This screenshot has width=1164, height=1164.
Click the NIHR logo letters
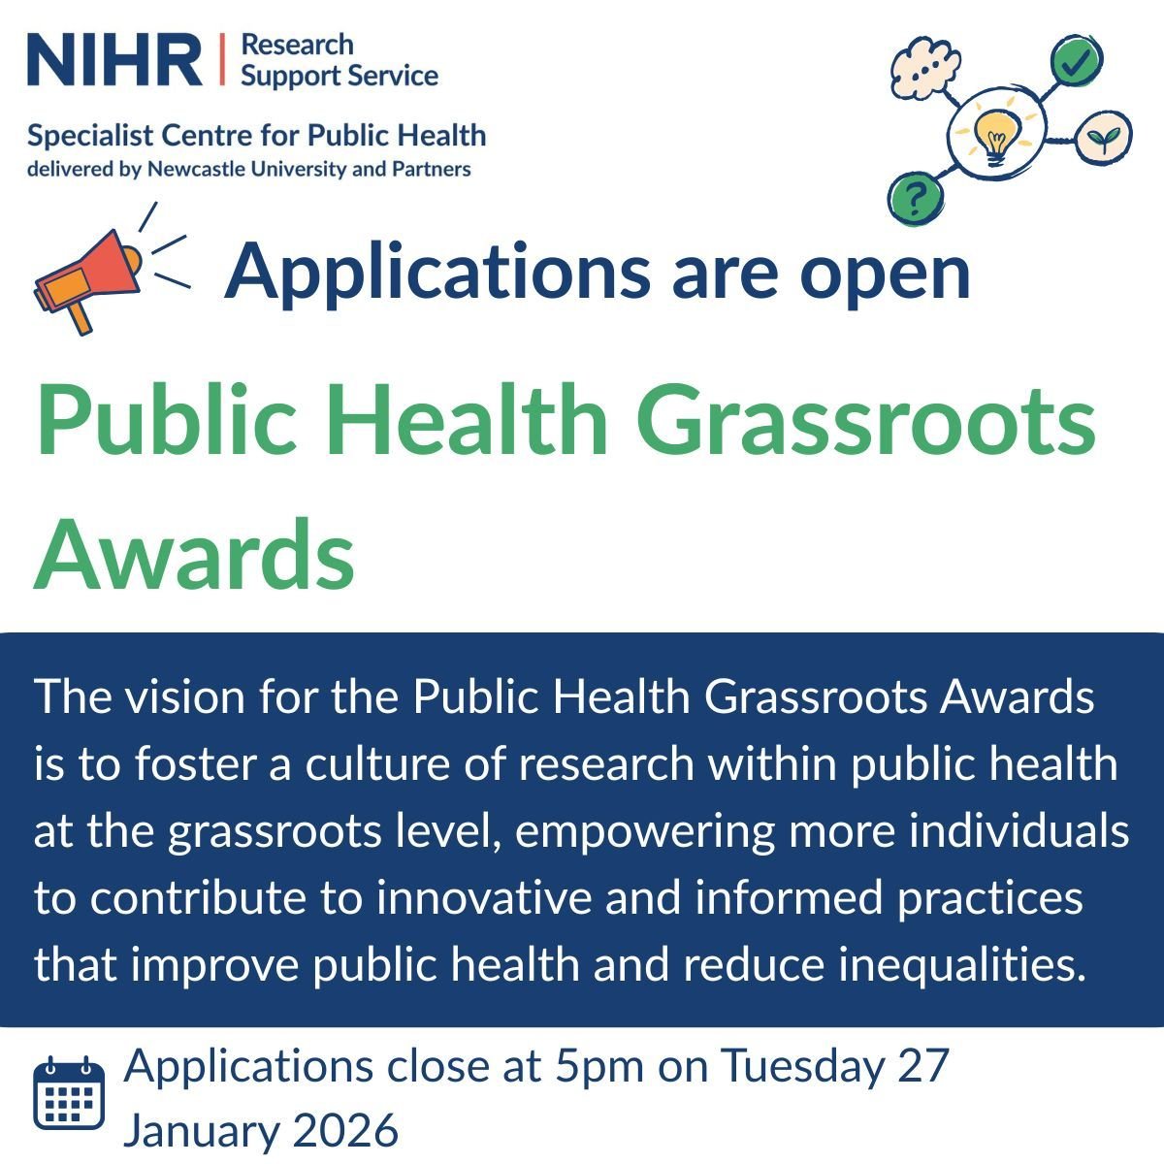pos(114,59)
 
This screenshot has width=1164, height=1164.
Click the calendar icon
pos(69,1093)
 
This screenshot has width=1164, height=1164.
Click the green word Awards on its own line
pos(195,555)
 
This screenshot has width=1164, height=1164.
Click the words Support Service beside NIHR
pos(339,75)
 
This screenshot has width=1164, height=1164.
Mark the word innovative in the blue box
pos(483,897)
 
